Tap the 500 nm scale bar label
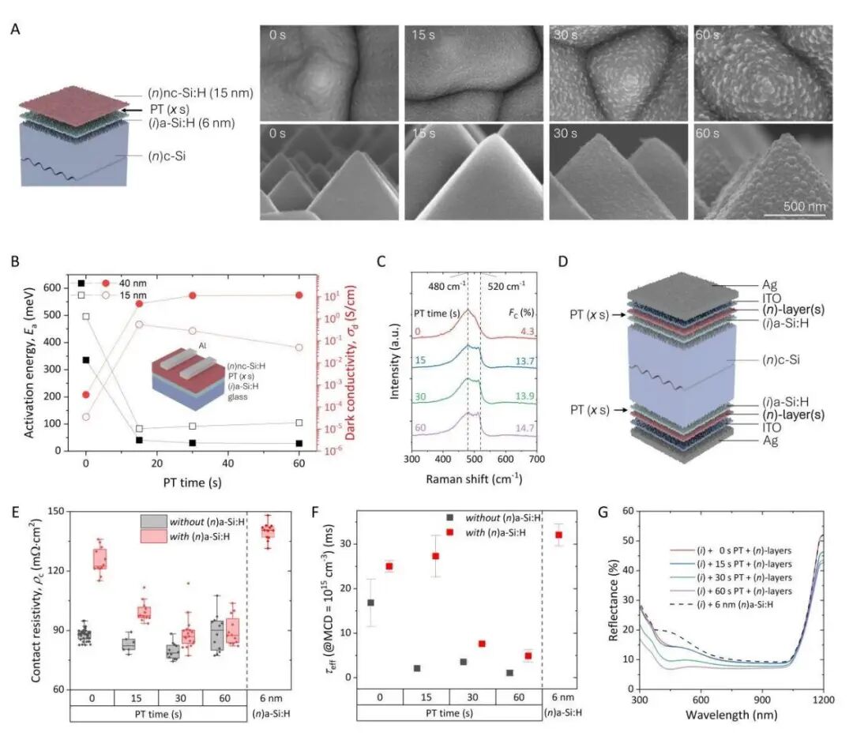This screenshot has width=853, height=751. (805, 207)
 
